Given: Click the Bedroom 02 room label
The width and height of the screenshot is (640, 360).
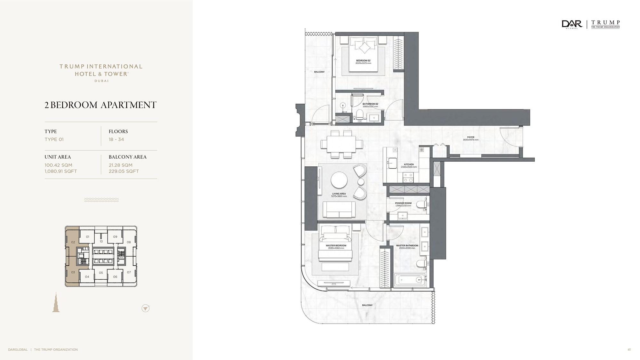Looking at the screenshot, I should [363, 60].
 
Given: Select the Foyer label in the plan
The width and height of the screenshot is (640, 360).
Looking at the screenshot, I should [470, 137].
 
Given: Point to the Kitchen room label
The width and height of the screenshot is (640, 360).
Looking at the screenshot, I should [409, 164].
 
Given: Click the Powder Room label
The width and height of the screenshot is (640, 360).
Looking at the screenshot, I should [403, 203].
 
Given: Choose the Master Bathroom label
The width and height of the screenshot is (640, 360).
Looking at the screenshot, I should [407, 246].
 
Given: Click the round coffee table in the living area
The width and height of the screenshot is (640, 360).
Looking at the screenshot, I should [339, 180].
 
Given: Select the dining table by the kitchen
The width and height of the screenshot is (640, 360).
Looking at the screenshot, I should [342, 144].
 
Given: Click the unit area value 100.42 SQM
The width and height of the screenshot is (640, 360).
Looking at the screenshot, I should [59, 165].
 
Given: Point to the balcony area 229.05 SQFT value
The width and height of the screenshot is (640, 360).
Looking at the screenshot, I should [124, 171].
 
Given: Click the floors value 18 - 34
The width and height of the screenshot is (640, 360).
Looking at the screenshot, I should [116, 140].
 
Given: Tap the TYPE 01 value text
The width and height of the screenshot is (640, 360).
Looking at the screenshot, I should [54, 140].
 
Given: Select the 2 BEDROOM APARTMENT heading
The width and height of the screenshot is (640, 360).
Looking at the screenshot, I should [100, 105].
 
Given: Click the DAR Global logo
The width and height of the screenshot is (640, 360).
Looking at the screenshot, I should [572, 24].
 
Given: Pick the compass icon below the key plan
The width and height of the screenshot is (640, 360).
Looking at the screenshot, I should [146, 308].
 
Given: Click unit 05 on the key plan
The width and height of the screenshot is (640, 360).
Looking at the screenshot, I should [101, 273].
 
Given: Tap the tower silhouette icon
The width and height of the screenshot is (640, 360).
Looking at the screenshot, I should [56, 302].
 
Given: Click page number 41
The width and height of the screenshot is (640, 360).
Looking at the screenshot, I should [629, 350].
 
